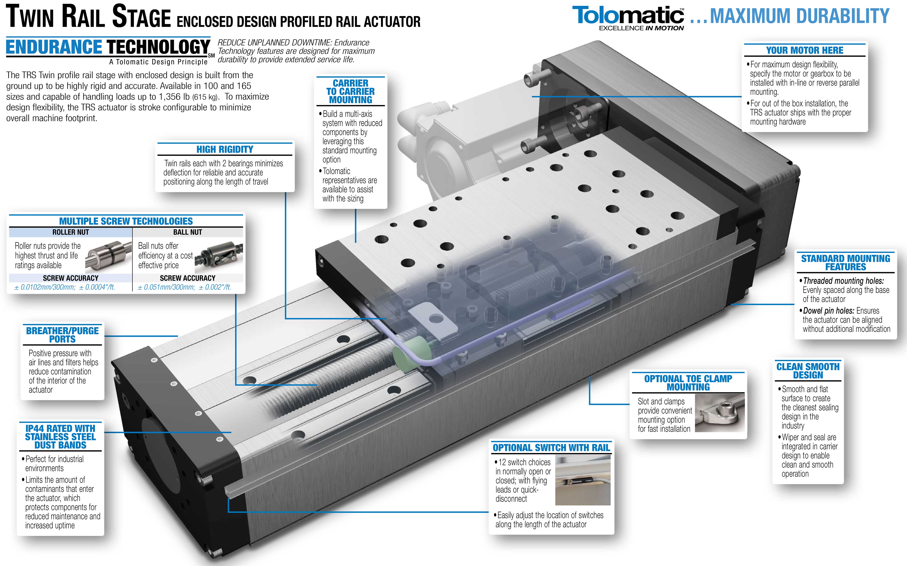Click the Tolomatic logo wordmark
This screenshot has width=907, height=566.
628,16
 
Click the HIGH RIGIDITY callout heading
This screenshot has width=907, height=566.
225,149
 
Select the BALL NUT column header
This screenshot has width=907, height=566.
188,232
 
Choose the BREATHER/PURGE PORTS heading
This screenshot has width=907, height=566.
62,335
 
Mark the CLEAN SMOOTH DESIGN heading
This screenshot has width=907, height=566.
808,371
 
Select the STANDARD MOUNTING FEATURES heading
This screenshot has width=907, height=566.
845,262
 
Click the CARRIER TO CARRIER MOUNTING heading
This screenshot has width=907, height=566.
351,91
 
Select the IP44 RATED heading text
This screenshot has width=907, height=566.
60,436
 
